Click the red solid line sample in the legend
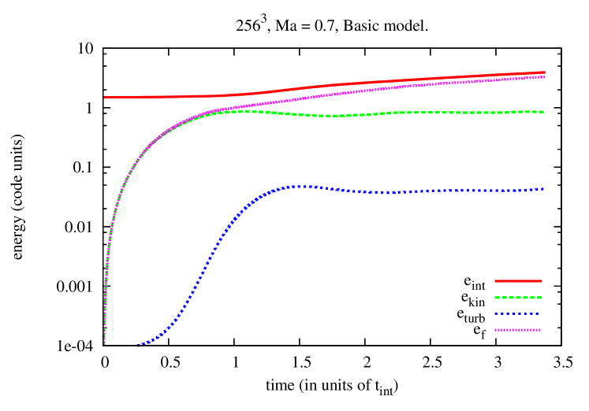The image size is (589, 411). (518, 281)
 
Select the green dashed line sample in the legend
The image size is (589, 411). (518, 298)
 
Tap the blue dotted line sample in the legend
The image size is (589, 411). (518, 314)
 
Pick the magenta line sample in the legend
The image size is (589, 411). (518, 330)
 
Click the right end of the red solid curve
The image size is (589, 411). (544, 72)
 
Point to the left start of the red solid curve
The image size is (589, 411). (105, 98)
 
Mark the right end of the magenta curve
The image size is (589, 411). (544, 76)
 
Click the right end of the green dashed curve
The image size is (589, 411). (544, 112)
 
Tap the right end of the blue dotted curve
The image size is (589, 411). (544, 189)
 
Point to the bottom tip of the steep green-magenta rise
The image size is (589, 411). (105, 343)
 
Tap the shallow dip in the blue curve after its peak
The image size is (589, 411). (386, 192)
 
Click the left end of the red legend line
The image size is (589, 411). (495, 281)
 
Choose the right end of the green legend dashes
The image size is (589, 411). (542, 298)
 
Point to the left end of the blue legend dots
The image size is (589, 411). (495, 314)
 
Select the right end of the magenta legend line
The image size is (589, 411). (541, 330)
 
